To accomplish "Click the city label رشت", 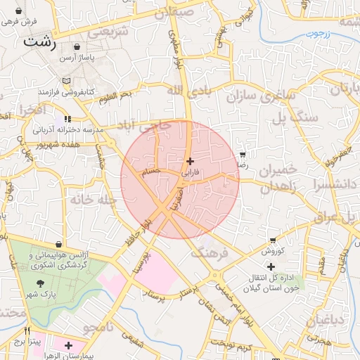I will [x=39, y=41].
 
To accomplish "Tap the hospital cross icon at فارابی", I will [x=190, y=161].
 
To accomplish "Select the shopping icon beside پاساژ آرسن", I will [x=77, y=46].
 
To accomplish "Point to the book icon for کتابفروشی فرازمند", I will [x=67, y=81].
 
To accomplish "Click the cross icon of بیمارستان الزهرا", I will [x=68, y=345].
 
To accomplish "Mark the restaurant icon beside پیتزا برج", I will [x=27, y=330].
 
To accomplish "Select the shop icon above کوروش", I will [x=273, y=240].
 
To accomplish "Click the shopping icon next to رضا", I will [x=243, y=154].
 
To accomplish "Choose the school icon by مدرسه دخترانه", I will [x=67, y=120].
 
